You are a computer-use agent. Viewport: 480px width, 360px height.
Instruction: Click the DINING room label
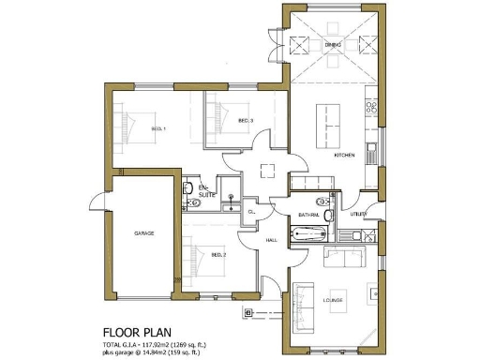pyautogui.click(x=334, y=44)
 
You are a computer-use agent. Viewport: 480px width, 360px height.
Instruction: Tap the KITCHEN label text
pyautogui.click(x=343, y=156)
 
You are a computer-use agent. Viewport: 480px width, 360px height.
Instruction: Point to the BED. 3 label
pyautogui.click(x=245, y=120)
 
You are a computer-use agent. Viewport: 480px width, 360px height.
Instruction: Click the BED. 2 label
pyautogui.click(x=217, y=255)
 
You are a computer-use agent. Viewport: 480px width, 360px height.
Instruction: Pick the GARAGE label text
pyautogui.click(x=143, y=232)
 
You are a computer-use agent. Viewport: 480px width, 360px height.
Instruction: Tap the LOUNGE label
pyautogui.click(x=334, y=301)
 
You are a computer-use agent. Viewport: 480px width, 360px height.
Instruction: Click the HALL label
pyautogui.click(x=271, y=240)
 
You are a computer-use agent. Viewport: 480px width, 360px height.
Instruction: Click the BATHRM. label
pyautogui.click(x=309, y=215)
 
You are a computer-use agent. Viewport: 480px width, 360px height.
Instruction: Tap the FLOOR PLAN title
pyautogui.click(x=139, y=332)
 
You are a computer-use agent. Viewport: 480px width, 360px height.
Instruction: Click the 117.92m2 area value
pyautogui.click(x=165, y=344)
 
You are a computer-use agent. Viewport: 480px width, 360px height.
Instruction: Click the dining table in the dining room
pyautogui.click(x=334, y=56)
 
